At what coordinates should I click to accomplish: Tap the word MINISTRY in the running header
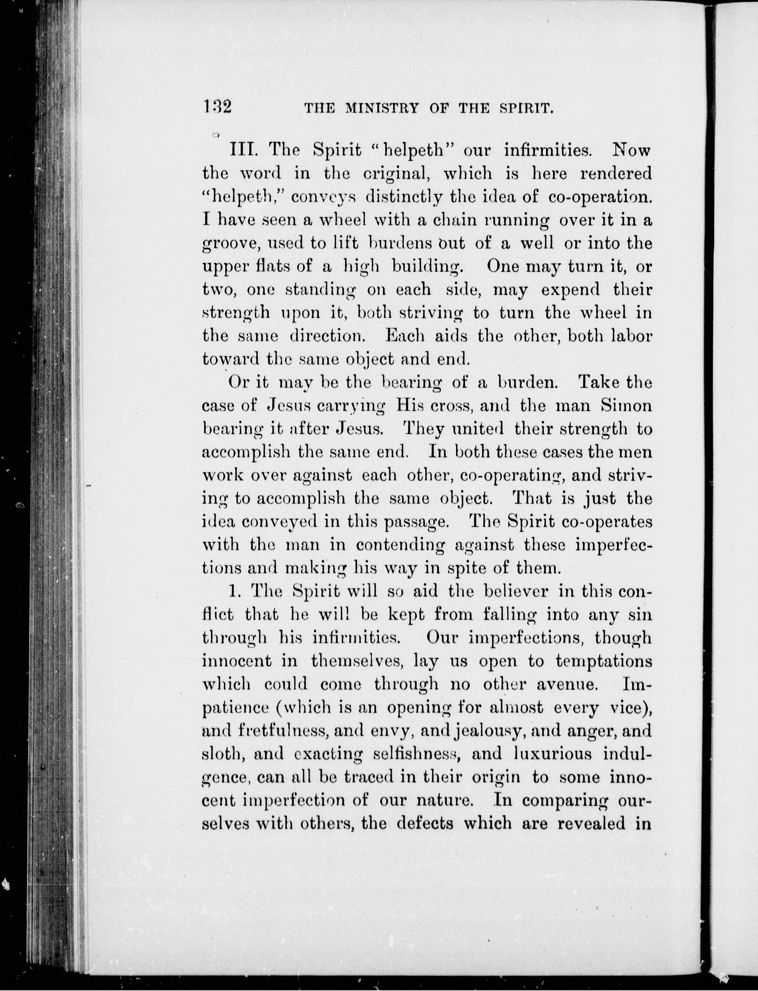point(382,109)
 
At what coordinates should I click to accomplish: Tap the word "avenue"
point(567,684)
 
